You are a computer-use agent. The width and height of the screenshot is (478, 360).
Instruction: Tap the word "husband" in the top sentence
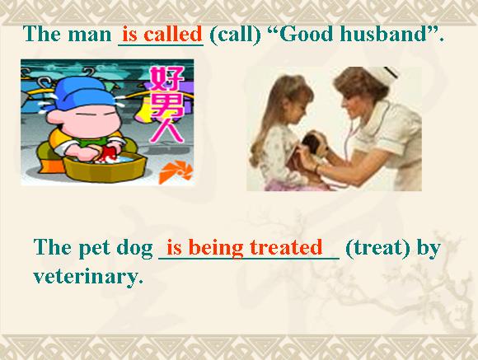pos(383,34)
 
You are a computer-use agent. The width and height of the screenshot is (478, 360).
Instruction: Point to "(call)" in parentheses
pos(236,34)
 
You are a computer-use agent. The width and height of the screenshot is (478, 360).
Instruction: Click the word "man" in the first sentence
pos(90,35)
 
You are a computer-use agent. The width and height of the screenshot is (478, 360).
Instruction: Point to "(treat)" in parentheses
pos(377,247)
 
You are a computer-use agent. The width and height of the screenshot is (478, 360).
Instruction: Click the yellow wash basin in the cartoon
pos(105,167)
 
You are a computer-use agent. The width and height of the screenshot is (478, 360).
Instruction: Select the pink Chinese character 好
pos(166,79)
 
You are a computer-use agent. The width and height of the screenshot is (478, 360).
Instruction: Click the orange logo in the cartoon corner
pos(176,173)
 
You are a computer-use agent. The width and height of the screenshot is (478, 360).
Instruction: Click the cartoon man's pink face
pos(84,119)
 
